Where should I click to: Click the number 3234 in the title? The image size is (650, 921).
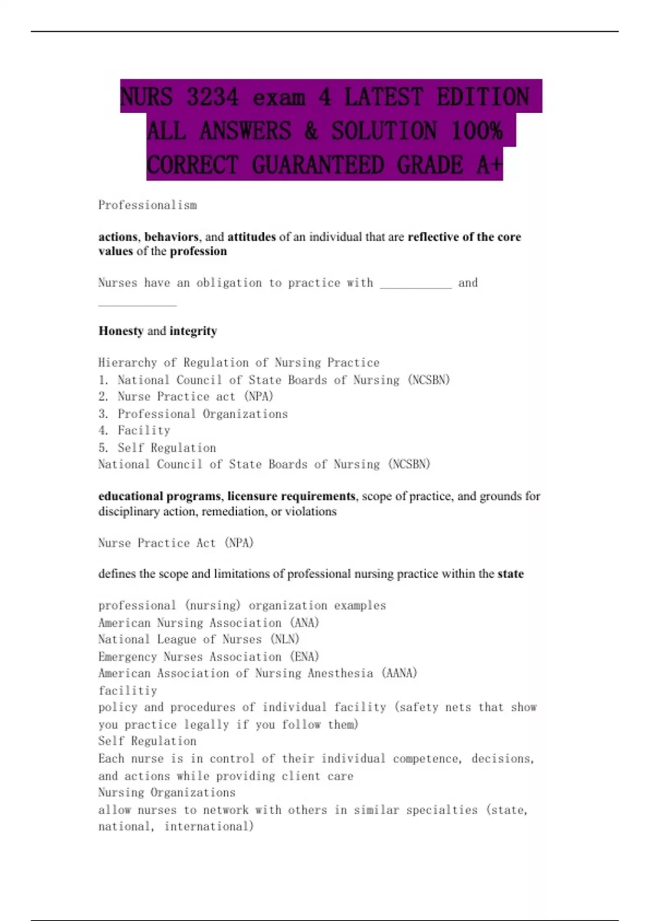[x=212, y=98]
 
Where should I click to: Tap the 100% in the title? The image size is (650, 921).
[x=477, y=131]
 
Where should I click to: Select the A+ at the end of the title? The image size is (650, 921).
[x=490, y=165]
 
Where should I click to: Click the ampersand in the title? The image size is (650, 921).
[x=311, y=131]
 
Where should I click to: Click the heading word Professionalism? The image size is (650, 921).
[x=147, y=205]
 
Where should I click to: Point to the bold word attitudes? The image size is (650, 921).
[x=251, y=237]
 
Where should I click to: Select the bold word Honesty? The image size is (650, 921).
[x=121, y=331]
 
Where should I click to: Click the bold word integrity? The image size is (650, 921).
[x=193, y=331]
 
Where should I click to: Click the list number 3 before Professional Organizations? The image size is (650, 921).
[x=103, y=414]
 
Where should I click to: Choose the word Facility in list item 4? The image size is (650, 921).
[x=144, y=431]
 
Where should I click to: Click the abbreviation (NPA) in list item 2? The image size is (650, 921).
[x=259, y=397]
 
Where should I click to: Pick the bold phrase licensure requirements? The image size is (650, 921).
[x=291, y=496]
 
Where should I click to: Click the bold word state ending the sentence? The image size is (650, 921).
[x=510, y=574]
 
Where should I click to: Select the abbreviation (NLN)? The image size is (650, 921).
[x=284, y=640]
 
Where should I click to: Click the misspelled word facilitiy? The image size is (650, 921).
[x=128, y=691]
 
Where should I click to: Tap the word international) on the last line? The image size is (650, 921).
[x=209, y=827]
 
